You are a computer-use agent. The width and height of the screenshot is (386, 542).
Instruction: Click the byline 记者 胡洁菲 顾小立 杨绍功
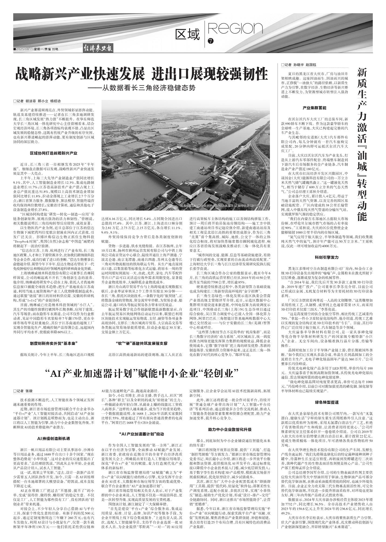point(37,101)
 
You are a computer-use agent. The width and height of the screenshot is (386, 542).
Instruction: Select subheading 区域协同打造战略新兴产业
point(53,153)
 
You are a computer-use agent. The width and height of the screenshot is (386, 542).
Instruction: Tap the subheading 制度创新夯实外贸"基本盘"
point(53,343)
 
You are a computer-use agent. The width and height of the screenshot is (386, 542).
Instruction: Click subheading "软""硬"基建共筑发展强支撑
point(141,343)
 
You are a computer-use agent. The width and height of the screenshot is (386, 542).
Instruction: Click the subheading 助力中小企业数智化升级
point(230,429)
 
